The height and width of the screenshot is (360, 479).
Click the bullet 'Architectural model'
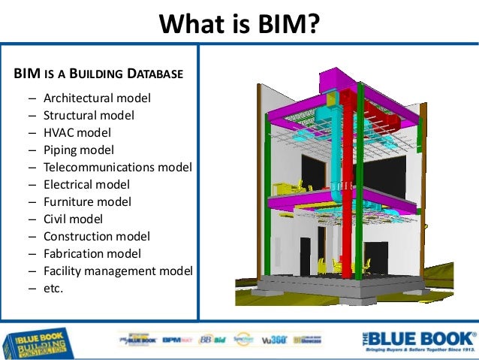[97, 98]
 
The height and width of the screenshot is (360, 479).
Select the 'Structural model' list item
[89, 116]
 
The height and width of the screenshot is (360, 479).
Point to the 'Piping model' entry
[79, 150]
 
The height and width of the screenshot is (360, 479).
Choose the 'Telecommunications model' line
[117, 168]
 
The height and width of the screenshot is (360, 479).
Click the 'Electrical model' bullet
[86, 184]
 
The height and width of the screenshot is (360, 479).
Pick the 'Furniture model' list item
[87, 201]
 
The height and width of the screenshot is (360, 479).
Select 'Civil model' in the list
[73, 219]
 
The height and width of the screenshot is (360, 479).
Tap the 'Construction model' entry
[97, 236]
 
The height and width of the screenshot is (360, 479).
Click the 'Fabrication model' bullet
[92, 253]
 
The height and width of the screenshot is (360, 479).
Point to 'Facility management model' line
[118, 271]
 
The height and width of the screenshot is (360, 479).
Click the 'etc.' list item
[53, 288]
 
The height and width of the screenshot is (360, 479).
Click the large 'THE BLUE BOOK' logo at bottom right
[418, 340]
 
